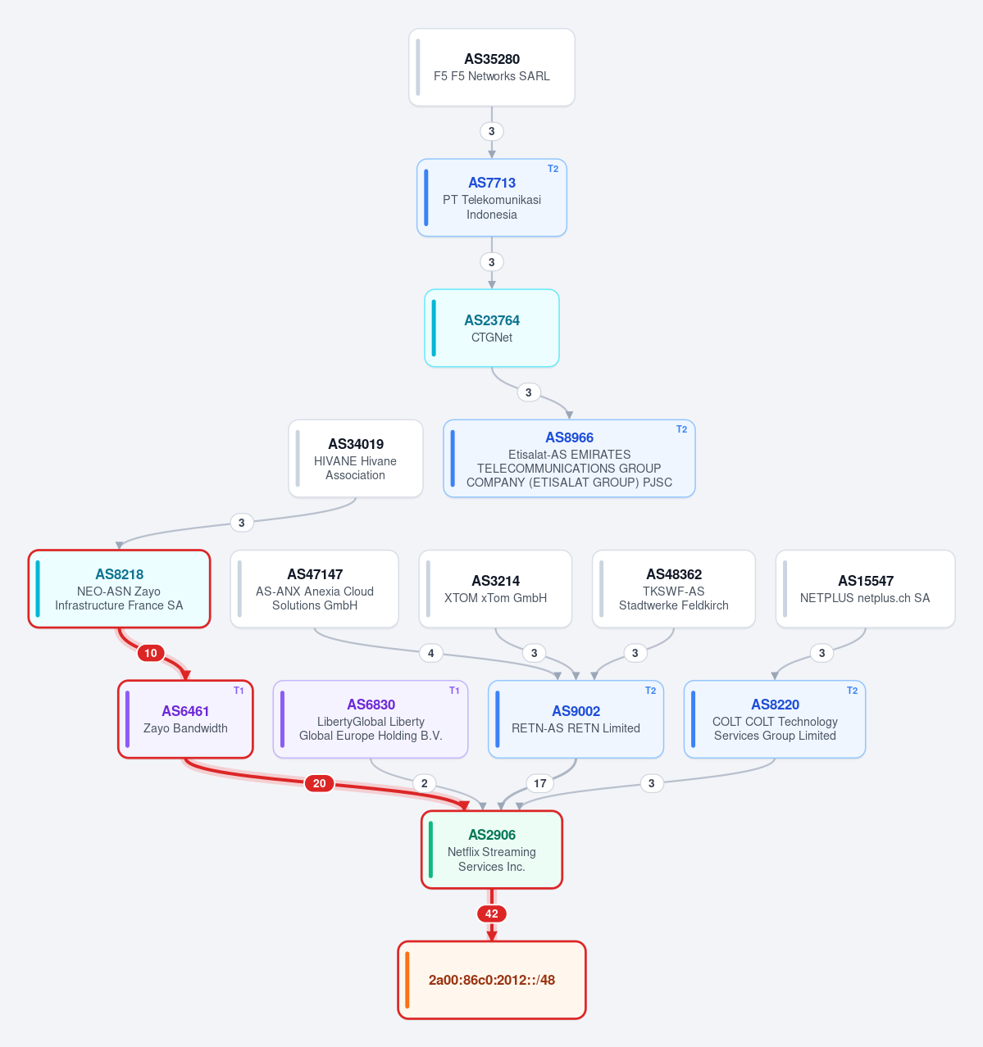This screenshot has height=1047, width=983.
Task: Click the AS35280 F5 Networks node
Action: [491, 67]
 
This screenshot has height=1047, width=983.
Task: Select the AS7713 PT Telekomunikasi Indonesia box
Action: [491, 197]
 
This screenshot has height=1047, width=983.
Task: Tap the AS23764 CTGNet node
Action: [491, 328]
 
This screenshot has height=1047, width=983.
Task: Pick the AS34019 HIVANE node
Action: [355, 458]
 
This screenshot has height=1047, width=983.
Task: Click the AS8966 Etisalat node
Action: [569, 458]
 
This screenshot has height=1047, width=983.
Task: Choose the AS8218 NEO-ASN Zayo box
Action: [119, 589]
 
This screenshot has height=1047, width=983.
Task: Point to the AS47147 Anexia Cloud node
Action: [315, 589]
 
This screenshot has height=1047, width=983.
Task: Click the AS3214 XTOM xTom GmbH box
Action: [495, 589]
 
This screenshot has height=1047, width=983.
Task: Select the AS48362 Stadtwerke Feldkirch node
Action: [673, 589]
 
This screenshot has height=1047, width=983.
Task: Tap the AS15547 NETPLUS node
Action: [865, 589]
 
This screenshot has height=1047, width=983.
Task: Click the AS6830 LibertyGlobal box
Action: [371, 719]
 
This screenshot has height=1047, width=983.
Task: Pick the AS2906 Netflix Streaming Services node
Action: [491, 850]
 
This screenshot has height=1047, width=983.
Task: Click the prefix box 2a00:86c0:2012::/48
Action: [491, 980]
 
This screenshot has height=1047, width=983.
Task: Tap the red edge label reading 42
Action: [491, 913]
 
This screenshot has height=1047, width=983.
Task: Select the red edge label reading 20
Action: [319, 783]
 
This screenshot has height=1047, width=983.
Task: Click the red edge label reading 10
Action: [150, 653]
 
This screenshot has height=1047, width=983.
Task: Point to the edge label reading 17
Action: [539, 783]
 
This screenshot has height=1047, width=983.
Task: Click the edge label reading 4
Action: [430, 653]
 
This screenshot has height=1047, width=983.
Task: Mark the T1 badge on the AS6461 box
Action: [239, 691]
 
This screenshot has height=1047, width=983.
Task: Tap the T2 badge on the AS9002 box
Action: [650, 691]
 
